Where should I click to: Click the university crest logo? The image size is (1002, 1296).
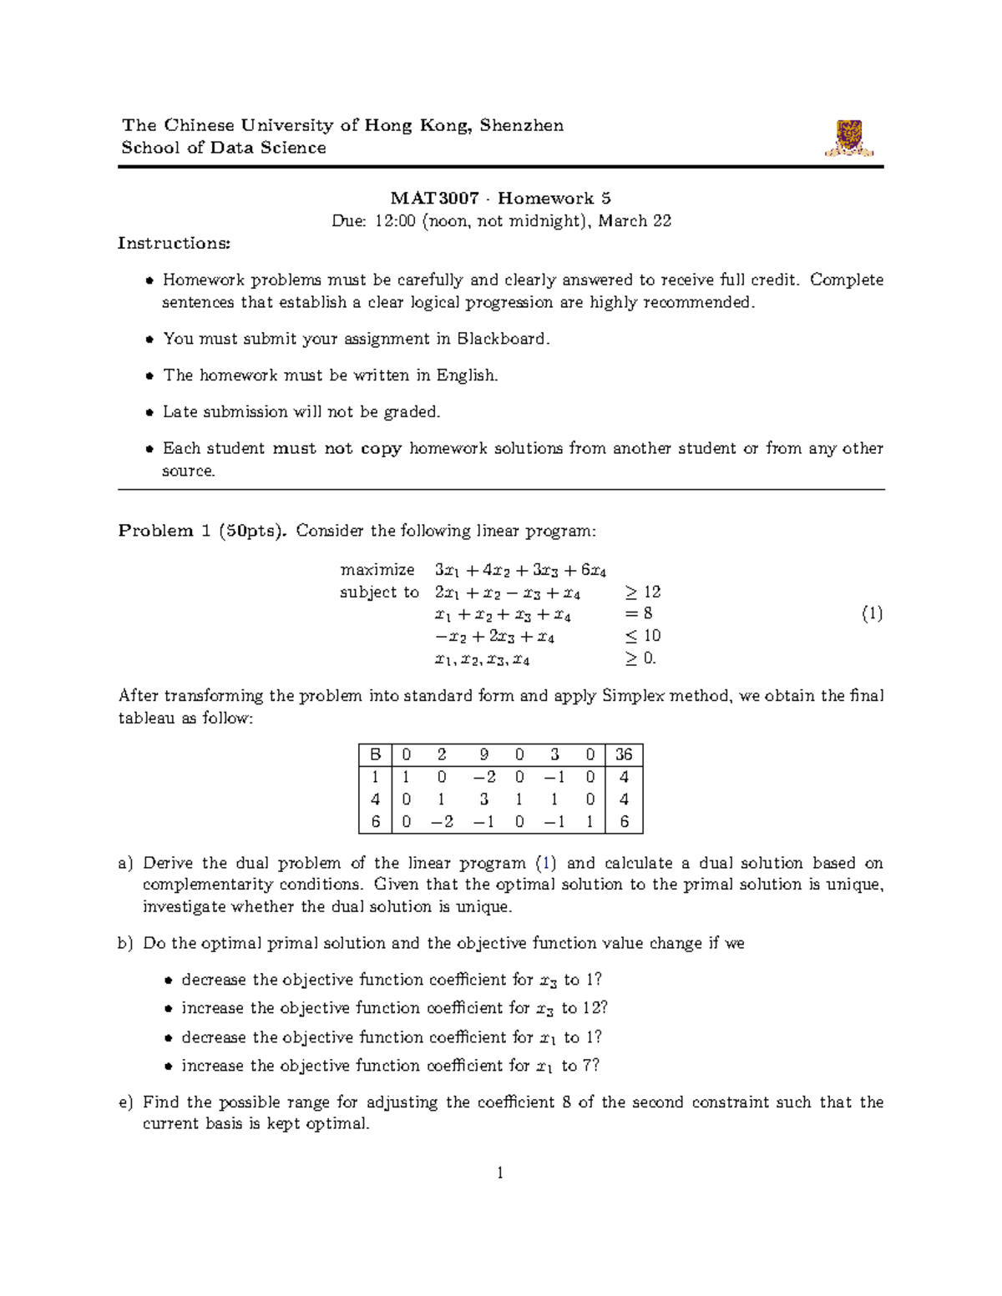tap(849, 139)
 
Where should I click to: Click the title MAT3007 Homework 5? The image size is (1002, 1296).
tap(500, 198)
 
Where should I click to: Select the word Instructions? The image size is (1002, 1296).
tap(174, 243)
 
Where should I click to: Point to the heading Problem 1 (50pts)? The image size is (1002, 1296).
tap(202, 531)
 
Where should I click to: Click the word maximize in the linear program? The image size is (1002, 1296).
tap(377, 570)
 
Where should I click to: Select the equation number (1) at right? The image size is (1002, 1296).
tap(872, 614)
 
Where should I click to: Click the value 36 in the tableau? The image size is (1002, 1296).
tap(624, 754)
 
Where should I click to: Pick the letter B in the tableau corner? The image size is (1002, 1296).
tap(376, 754)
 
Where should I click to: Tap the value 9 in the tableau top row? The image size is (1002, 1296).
tap(484, 754)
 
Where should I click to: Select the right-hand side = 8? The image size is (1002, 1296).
tap(638, 613)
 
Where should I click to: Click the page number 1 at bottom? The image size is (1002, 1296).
tap(500, 1172)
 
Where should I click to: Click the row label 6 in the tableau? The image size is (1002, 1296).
tap(376, 822)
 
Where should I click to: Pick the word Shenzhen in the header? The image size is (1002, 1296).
tap(522, 125)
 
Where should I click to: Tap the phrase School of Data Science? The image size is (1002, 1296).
tap(224, 148)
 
